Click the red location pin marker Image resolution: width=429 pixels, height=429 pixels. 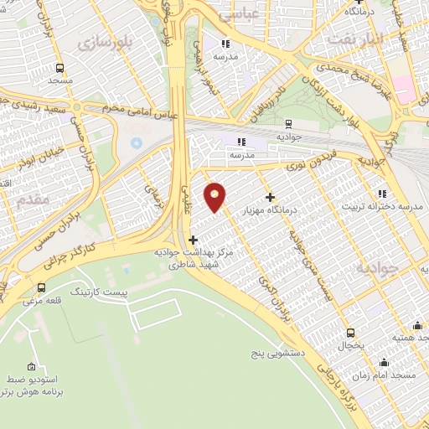pos(215,197)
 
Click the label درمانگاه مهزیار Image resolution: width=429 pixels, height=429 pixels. pos(268,211)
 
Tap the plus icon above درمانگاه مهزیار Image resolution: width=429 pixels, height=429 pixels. pos(269,198)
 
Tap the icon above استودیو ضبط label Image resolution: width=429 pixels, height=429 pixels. pos(32,367)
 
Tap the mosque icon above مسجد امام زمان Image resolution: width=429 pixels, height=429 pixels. pos(384,362)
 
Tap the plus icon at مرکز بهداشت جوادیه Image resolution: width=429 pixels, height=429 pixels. pos(194,240)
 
